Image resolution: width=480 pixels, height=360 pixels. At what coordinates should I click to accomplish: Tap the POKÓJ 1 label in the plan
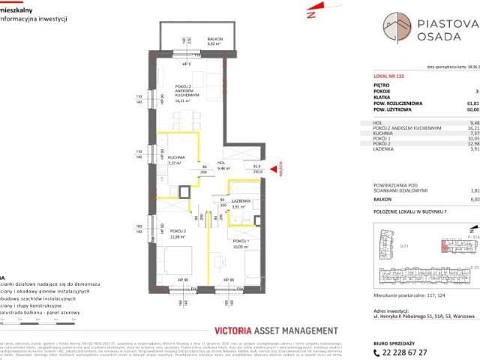222,261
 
